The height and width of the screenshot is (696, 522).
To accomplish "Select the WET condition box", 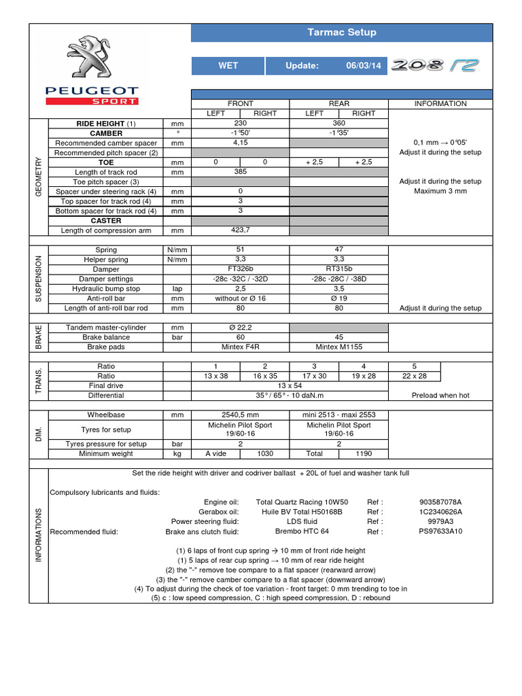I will click(x=228, y=65).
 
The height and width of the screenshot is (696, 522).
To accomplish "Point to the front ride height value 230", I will click(x=240, y=124).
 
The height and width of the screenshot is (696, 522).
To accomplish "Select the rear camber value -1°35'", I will click(x=338, y=133).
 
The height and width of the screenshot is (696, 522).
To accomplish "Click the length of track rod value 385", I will click(x=240, y=172).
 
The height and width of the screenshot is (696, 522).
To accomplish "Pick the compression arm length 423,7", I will click(x=240, y=230).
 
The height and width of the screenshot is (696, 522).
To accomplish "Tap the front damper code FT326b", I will click(x=240, y=269).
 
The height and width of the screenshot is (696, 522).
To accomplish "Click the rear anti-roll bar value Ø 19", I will click(x=338, y=298).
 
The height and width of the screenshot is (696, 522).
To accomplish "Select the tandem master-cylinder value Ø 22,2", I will click(x=240, y=328).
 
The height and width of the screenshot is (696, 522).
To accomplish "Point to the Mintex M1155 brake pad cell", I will click(x=338, y=347).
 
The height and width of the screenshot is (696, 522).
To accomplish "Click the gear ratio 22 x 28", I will click(x=414, y=376).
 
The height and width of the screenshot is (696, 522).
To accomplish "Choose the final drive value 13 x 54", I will click(x=289, y=385).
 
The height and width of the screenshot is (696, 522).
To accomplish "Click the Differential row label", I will click(x=106, y=395).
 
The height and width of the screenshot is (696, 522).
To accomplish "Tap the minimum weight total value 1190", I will click(x=364, y=453).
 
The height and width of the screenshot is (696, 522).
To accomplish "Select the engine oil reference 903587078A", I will click(x=445, y=502).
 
